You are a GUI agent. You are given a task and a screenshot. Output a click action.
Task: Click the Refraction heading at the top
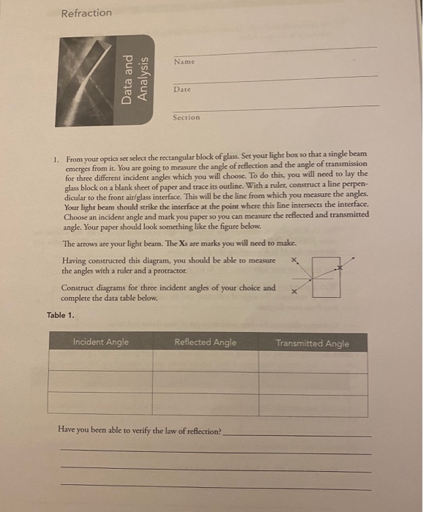click(x=86, y=13)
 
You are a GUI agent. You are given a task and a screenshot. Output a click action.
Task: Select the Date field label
click(x=182, y=89)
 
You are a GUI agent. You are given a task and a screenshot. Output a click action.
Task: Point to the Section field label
click(x=186, y=117)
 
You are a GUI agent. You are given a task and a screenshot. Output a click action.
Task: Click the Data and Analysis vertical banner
click(x=136, y=79)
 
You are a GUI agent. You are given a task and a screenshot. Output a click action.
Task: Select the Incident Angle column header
click(x=100, y=342)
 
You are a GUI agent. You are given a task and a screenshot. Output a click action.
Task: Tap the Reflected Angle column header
click(x=206, y=342)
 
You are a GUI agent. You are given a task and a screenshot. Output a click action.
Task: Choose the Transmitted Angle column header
click(x=312, y=343)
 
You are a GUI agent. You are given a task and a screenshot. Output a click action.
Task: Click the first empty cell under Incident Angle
click(x=100, y=361)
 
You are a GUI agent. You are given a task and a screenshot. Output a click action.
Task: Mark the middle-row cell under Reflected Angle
click(x=206, y=381)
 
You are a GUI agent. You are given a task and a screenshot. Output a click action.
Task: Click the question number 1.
click(x=56, y=158)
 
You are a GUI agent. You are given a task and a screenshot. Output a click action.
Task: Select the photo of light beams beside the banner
click(x=87, y=79)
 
